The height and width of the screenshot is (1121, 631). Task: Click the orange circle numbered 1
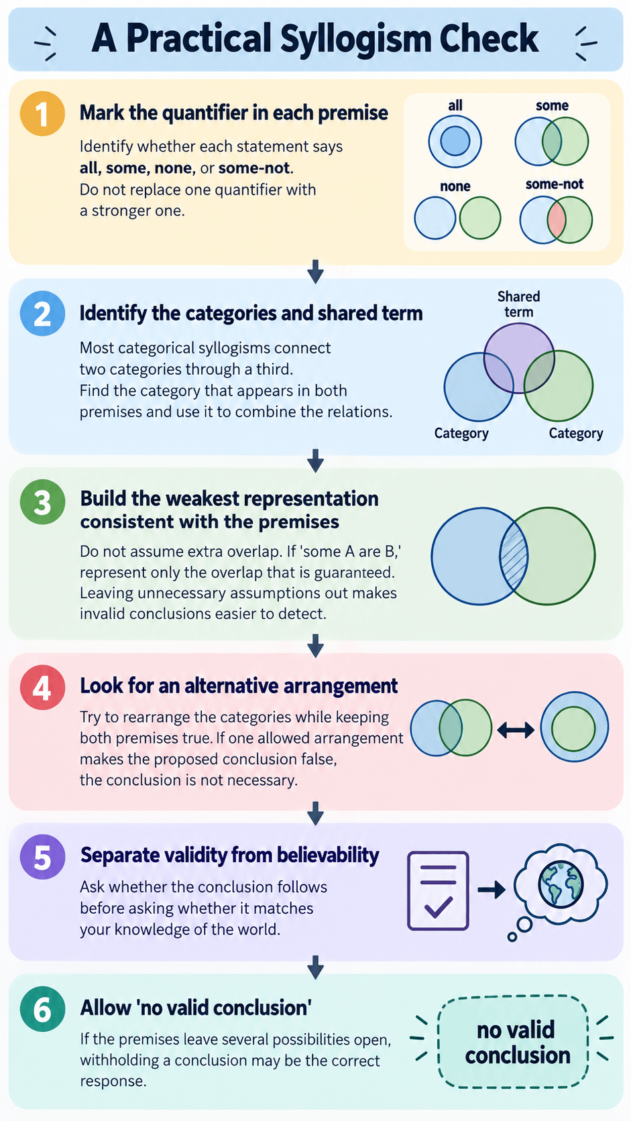click(42, 113)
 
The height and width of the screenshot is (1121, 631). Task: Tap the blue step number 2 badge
click(42, 313)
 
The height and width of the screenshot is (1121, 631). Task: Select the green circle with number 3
click(42, 502)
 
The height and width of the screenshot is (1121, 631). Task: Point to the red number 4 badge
click(42, 687)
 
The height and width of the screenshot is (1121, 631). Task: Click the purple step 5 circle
click(42, 857)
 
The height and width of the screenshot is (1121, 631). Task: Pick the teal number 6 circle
click(42, 1008)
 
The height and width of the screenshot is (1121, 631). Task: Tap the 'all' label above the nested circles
click(455, 105)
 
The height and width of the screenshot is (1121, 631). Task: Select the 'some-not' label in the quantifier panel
click(555, 184)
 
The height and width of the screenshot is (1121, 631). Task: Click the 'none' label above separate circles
click(455, 186)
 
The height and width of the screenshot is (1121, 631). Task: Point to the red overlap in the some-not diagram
click(556, 220)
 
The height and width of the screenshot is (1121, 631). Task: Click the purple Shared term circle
click(519, 358)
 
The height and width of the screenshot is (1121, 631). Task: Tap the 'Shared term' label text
click(519, 304)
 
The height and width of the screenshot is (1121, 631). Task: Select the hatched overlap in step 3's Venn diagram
click(514, 556)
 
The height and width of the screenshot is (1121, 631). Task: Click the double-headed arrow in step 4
click(516, 731)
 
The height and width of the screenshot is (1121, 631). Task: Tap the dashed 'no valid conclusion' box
click(513, 1041)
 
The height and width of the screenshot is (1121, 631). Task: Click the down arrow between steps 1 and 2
click(315, 272)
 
